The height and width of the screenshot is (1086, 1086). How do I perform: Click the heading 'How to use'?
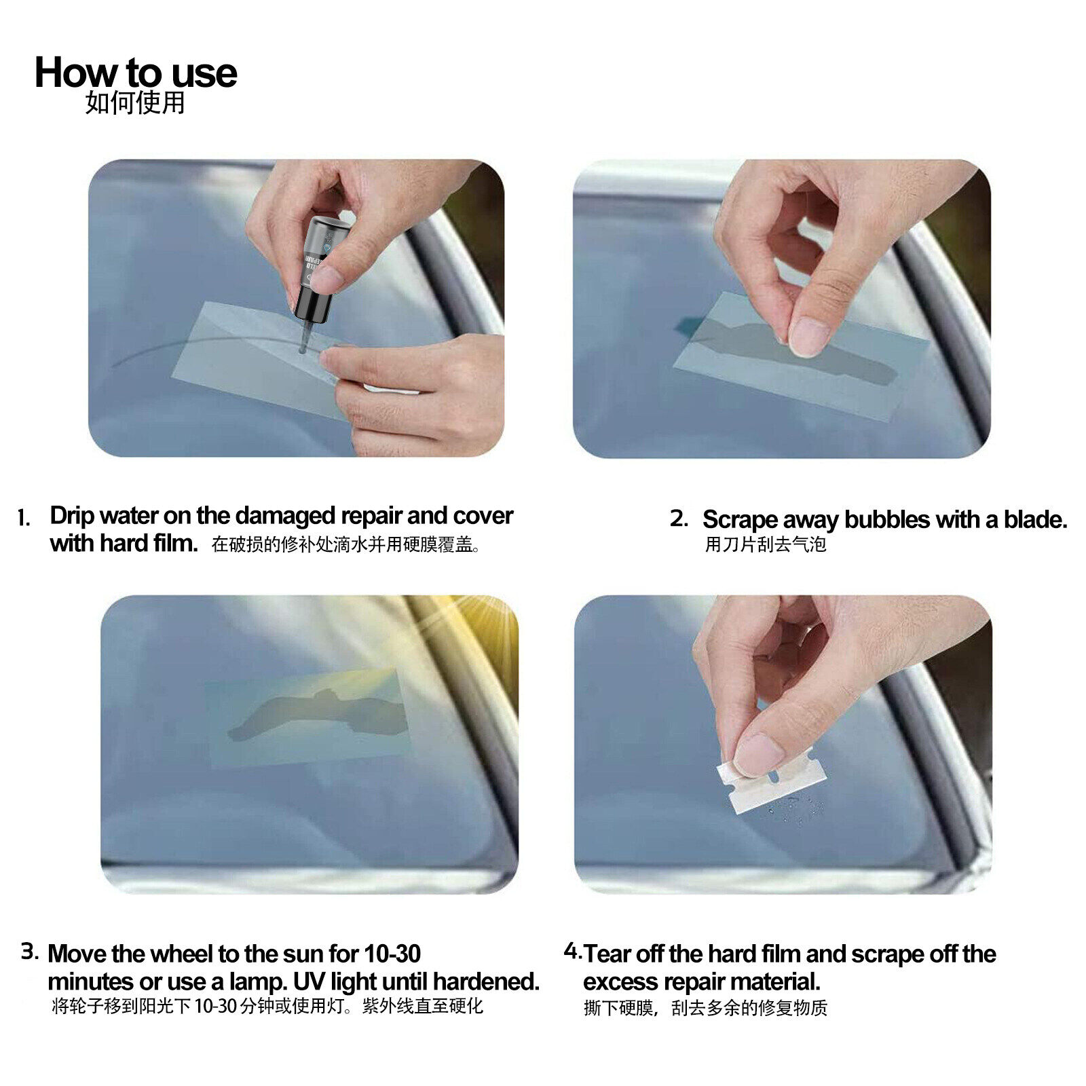pyautogui.click(x=136, y=73)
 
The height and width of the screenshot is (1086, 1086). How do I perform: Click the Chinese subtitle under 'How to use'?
pyautogui.click(x=135, y=103)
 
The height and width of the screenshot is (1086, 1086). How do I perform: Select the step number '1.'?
pyautogui.click(x=24, y=519)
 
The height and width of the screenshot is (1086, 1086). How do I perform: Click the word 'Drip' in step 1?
pyautogui.click(x=71, y=516)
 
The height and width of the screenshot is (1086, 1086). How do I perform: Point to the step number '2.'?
pyautogui.click(x=679, y=519)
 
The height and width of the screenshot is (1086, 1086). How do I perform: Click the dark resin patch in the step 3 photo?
pyautogui.click(x=319, y=713)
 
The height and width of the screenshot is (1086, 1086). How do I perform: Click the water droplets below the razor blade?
pyautogui.click(x=794, y=811)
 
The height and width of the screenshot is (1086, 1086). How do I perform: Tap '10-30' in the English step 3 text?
pyautogui.click(x=392, y=954)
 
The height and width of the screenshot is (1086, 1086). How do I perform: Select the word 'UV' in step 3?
pyautogui.click(x=309, y=981)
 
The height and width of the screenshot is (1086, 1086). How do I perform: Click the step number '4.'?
pyautogui.click(x=572, y=951)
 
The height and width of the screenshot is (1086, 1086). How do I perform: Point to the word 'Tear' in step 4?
pyautogui.click(x=607, y=954)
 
